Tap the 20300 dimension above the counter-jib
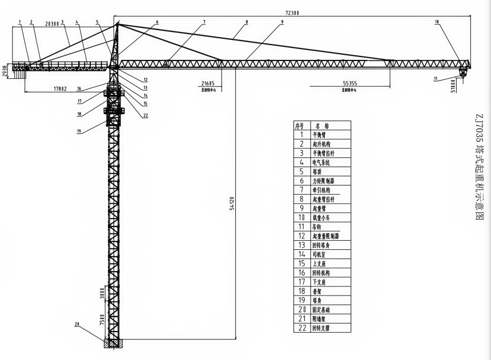(x=52, y=23)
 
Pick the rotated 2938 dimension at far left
(x=5, y=71)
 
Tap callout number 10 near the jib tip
(x=437, y=22)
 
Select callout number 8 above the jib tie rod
(x=247, y=22)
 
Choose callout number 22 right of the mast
(x=146, y=115)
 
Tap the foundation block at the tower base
(x=113, y=343)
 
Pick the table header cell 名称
(x=322, y=126)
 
